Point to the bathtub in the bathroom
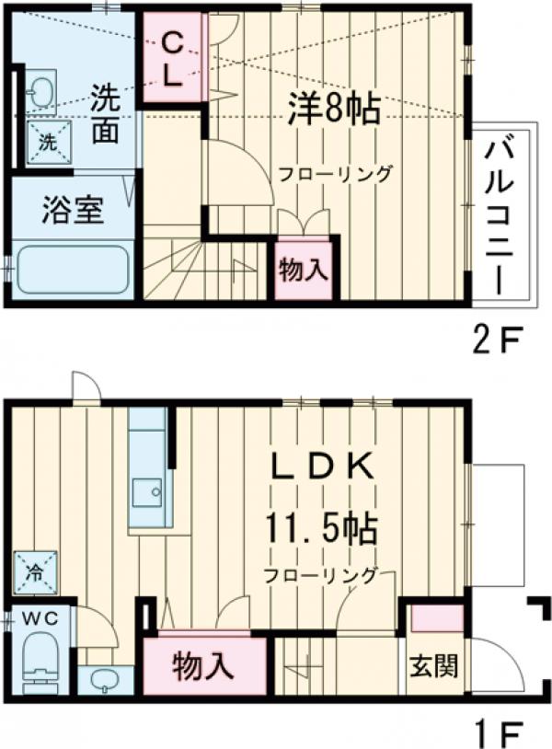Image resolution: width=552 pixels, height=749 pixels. point(72,270)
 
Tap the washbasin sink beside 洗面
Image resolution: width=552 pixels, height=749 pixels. point(40,91)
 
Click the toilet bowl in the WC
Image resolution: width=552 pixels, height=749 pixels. point(40,664)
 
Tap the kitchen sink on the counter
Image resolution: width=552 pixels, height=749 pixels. point(146,493)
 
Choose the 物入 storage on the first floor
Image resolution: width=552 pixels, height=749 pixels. point(202,665)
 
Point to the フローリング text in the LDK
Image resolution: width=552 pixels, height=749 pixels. point(321,576)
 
